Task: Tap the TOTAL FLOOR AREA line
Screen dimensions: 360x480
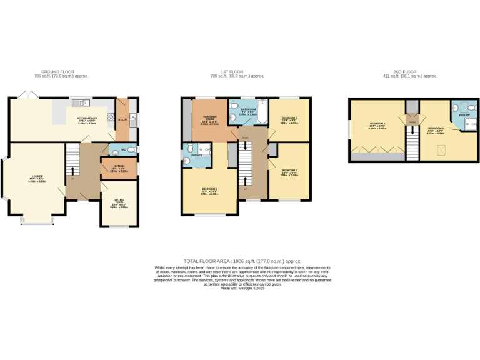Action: click(242, 261)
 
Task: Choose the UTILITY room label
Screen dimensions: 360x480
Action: click(122, 119)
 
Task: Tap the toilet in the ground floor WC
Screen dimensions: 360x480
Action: click(131, 151)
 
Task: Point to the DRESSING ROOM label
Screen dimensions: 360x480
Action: click(206, 122)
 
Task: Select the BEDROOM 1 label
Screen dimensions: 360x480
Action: click(209, 191)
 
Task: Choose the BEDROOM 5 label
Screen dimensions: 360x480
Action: click(377, 125)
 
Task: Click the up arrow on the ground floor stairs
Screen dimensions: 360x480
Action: click(73, 170)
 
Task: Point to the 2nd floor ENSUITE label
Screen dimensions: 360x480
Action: click(464, 115)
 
